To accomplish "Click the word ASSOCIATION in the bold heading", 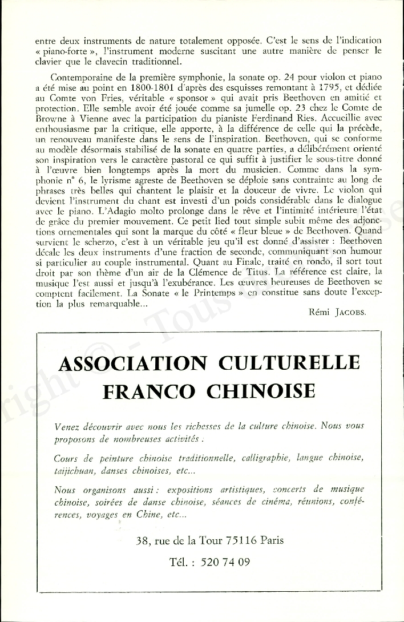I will tap(132, 363).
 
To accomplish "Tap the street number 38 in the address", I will tap(143, 540).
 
